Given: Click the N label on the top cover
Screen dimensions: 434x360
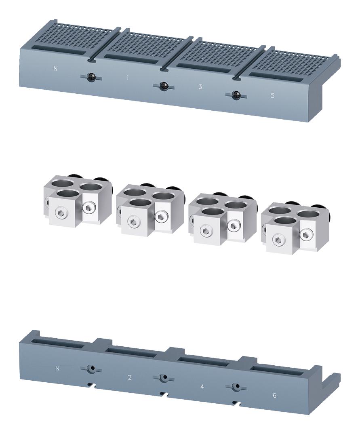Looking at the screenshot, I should point(56,69).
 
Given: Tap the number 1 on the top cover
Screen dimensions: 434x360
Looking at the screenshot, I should point(128,78).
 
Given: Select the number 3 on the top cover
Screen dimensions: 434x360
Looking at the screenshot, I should point(200,86).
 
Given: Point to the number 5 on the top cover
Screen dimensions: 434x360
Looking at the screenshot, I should point(272,96).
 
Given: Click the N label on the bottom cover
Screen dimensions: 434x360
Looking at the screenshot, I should point(57,369).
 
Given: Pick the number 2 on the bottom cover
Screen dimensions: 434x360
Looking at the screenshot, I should point(129,377).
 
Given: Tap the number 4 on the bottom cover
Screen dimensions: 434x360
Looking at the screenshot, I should point(202,387).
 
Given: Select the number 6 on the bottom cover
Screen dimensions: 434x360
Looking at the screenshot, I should point(274,395).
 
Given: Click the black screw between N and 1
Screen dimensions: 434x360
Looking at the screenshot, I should point(92,77).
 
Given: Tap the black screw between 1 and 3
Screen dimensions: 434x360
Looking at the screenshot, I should point(164,86).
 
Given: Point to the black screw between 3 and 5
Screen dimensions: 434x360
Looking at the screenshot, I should point(236,95).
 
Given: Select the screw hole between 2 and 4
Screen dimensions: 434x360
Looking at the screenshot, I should point(164,378).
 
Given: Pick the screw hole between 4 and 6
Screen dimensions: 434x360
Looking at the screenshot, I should point(237,387).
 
